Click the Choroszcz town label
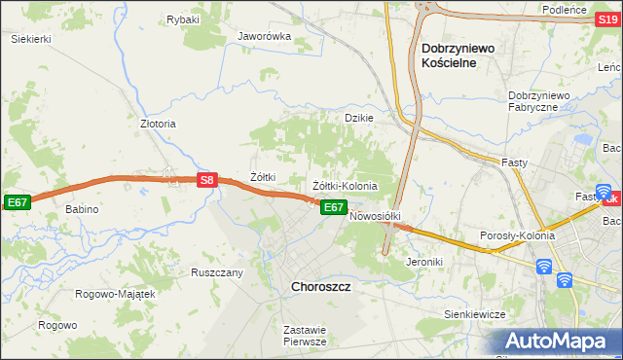point(321,287)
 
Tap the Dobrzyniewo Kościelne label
point(461,54)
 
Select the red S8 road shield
point(205,180)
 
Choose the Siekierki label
point(30,39)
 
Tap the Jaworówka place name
point(265,37)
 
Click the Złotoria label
point(158,125)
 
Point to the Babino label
point(82,209)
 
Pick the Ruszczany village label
point(216,273)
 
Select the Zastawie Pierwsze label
point(304,336)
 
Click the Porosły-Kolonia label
point(517,235)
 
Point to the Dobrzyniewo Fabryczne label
point(545,101)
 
